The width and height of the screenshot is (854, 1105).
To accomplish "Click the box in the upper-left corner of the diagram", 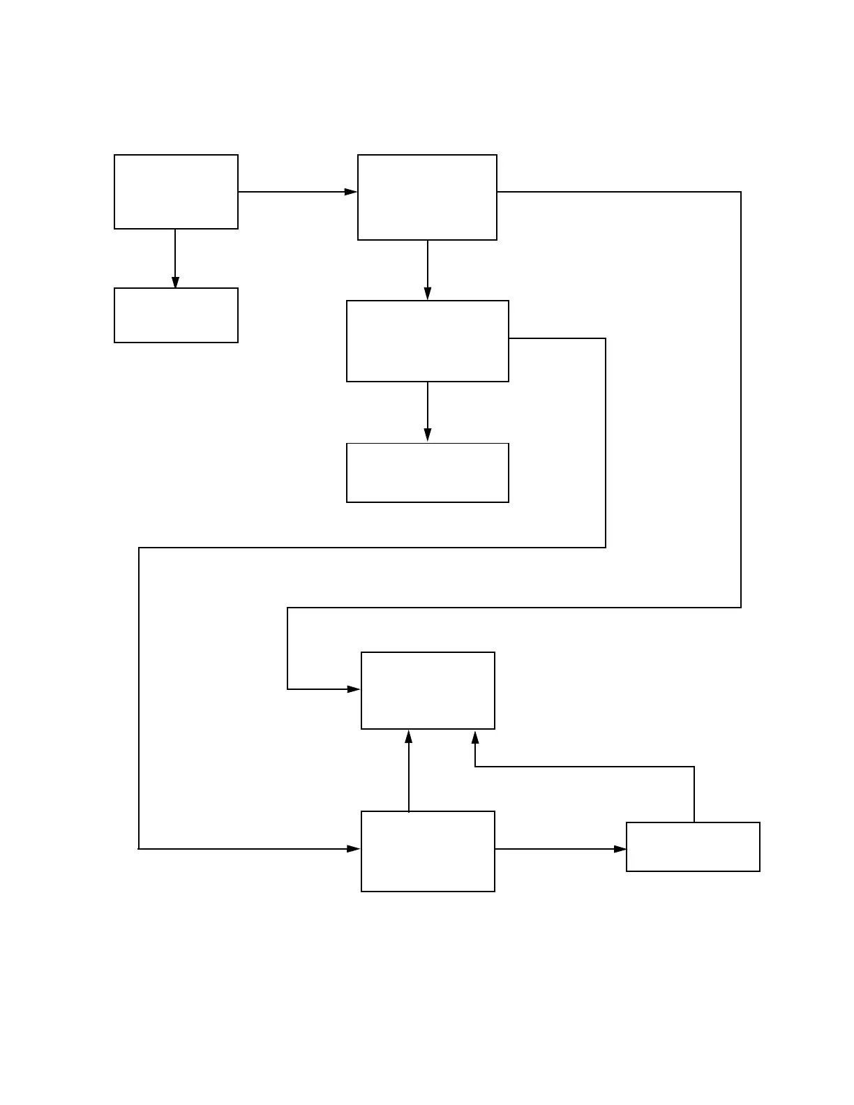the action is click(x=176, y=192).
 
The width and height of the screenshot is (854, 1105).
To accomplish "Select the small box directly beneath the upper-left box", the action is click(x=176, y=315).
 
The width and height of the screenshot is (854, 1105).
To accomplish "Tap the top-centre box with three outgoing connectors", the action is click(x=427, y=197).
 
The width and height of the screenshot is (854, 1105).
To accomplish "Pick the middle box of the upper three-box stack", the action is click(x=427, y=341).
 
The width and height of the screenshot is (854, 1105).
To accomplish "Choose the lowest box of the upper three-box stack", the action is click(x=427, y=472).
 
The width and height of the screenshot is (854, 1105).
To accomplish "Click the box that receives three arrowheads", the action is click(x=428, y=691).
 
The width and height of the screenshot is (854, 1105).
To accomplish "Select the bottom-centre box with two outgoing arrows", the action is click(x=428, y=851).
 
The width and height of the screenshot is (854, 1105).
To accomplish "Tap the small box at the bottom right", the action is click(x=693, y=847).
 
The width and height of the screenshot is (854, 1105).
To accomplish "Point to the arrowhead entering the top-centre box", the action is click(x=351, y=192).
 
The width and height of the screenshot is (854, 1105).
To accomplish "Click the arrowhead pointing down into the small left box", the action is click(x=175, y=282).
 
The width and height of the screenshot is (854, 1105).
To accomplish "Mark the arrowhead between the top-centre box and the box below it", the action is click(x=428, y=294).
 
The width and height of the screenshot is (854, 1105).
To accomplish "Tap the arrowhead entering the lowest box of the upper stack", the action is click(x=428, y=435).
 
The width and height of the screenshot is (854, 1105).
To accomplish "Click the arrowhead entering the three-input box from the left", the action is click(x=354, y=689).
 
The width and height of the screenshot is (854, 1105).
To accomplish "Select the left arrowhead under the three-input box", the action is click(x=409, y=737).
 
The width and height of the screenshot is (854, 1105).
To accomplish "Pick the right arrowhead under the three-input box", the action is click(x=475, y=737).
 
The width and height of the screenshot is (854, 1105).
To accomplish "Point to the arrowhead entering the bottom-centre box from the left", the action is click(x=354, y=849).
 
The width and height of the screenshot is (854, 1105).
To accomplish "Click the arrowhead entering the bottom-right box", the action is click(x=620, y=849).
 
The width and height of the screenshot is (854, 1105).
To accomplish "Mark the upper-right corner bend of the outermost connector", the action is click(x=740, y=192).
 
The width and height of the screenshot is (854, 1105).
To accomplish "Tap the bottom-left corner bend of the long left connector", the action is click(x=139, y=849).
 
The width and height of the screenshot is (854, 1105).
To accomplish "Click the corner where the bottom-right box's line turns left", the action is click(x=694, y=767).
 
